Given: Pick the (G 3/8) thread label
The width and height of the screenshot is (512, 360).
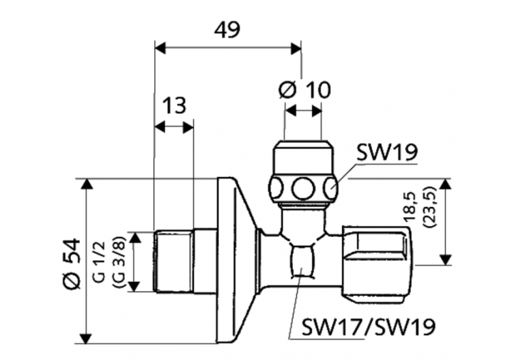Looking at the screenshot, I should pos(115,261).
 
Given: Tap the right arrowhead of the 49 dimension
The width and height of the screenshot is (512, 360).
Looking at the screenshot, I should pos(296,48).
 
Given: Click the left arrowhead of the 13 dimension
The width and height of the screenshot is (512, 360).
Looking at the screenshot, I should pos(159,127).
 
